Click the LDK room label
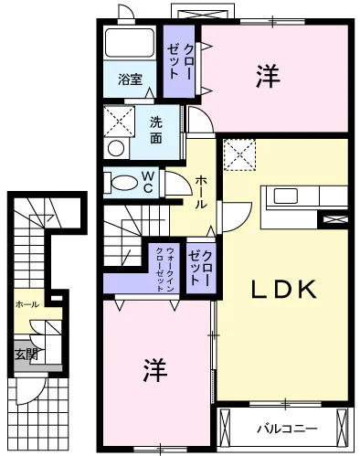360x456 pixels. click(x=283, y=290)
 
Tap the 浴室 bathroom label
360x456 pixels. click(x=131, y=80)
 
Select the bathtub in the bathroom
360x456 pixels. click(x=130, y=43)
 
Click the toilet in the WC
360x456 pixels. click(x=121, y=183)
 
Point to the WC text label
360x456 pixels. click(x=147, y=182)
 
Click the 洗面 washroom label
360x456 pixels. click(x=156, y=131)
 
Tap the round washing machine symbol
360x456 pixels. click(x=116, y=149)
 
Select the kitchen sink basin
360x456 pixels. click(x=286, y=196)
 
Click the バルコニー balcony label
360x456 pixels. click(x=287, y=429)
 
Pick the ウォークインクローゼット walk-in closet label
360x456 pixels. click(x=165, y=270)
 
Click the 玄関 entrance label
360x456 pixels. click(x=26, y=355)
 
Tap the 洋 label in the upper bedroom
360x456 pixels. click(x=268, y=76)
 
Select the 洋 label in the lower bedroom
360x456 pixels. click(x=155, y=370)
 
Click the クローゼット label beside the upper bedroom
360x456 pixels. click(x=180, y=61)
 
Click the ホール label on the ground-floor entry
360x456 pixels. click(x=27, y=304)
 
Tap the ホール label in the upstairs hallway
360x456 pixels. click(x=200, y=192)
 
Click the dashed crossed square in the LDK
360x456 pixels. click(x=239, y=154)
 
